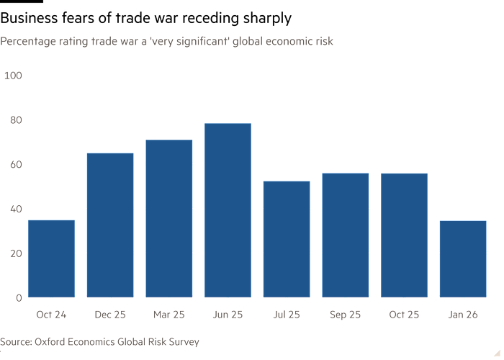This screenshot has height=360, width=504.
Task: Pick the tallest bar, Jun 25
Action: (228, 210)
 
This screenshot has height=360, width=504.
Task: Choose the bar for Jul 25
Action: (287, 238)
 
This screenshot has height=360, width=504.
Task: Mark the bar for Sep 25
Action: (346, 235)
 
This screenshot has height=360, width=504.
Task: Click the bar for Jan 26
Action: (463, 258)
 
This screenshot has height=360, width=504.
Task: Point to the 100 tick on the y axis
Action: (14, 75)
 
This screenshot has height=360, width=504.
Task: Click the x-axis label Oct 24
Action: (51, 315)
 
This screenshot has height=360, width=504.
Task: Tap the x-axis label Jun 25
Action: (228, 315)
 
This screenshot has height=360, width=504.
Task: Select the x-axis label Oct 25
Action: (404, 315)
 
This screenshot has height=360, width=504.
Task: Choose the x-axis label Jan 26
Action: (463, 315)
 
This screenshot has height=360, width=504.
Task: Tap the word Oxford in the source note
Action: (54, 341)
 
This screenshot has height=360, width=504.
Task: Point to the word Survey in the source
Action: (183, 341)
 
